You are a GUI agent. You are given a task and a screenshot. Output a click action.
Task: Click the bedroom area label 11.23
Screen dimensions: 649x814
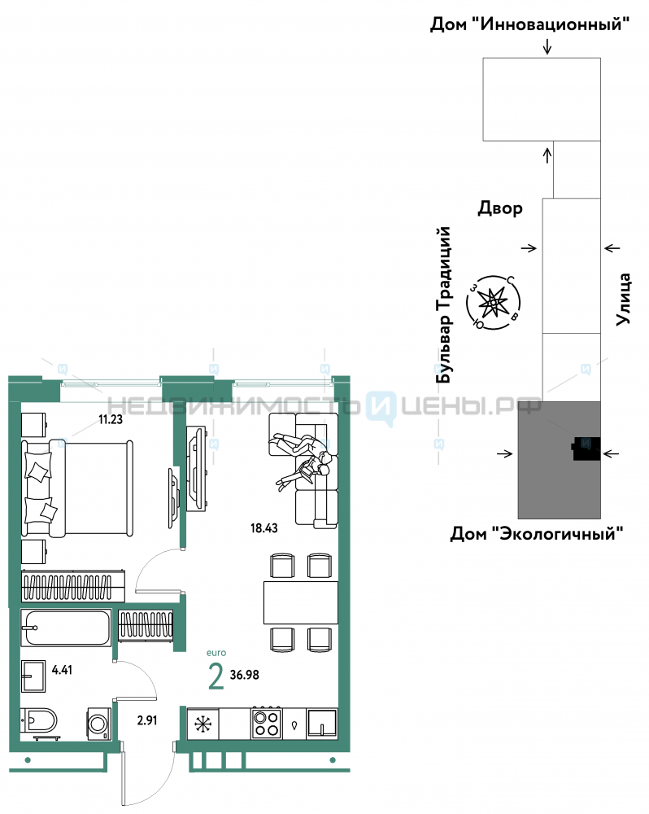tap(111, 419)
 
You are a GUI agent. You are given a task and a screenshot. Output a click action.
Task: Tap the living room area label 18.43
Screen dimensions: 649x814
tap(264, 528)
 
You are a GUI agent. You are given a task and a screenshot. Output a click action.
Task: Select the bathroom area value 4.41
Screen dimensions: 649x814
tap(63, 670)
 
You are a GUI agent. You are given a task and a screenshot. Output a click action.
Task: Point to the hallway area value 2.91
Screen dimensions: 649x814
tap(147, 720)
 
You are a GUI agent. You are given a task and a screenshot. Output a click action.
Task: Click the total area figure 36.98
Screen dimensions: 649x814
tap(244, 675)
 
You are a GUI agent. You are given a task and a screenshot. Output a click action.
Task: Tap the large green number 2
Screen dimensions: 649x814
tap(216, 677)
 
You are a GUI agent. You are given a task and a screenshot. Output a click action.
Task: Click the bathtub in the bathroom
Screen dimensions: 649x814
tap(66, 628)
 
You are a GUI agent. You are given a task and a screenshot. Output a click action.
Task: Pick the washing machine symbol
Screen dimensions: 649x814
tap(98, 724)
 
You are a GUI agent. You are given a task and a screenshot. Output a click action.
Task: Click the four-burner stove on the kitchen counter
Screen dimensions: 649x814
tap(267, 723)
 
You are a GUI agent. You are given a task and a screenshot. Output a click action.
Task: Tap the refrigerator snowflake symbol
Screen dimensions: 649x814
tap(203, 724)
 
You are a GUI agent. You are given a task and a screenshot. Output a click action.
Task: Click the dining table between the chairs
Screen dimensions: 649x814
tap(301, 602)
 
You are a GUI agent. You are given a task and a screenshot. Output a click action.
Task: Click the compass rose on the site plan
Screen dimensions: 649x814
tap(494, 302)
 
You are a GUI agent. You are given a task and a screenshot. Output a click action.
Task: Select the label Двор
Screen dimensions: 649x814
tap(500, 208)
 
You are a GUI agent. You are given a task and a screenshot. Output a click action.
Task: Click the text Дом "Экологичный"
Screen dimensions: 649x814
tap(537, 533)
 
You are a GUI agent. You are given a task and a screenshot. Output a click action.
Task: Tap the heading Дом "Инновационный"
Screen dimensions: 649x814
tap(529, 24)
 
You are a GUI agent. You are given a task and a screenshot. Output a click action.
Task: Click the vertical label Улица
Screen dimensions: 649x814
tap(623, 300)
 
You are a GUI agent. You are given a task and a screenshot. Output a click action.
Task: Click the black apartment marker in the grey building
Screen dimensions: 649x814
tap(586, 449)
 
